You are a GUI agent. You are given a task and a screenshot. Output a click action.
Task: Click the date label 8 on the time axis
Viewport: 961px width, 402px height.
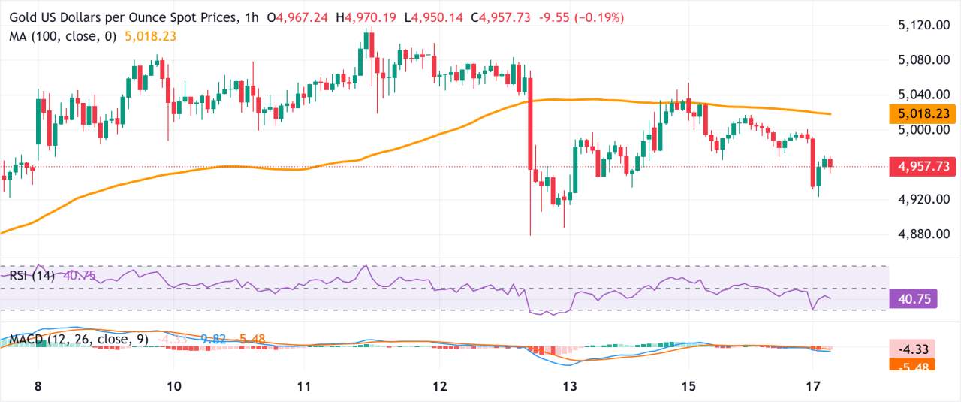point(38,386)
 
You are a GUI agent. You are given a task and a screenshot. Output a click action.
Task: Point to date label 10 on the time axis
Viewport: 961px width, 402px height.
point(173,386)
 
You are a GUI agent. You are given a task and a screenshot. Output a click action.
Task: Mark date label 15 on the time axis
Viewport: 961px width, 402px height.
point(686,386)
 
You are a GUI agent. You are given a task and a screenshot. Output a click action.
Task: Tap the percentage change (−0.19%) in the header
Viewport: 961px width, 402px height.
point(598,17)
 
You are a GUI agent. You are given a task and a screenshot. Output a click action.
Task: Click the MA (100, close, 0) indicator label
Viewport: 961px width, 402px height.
point(63,35)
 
